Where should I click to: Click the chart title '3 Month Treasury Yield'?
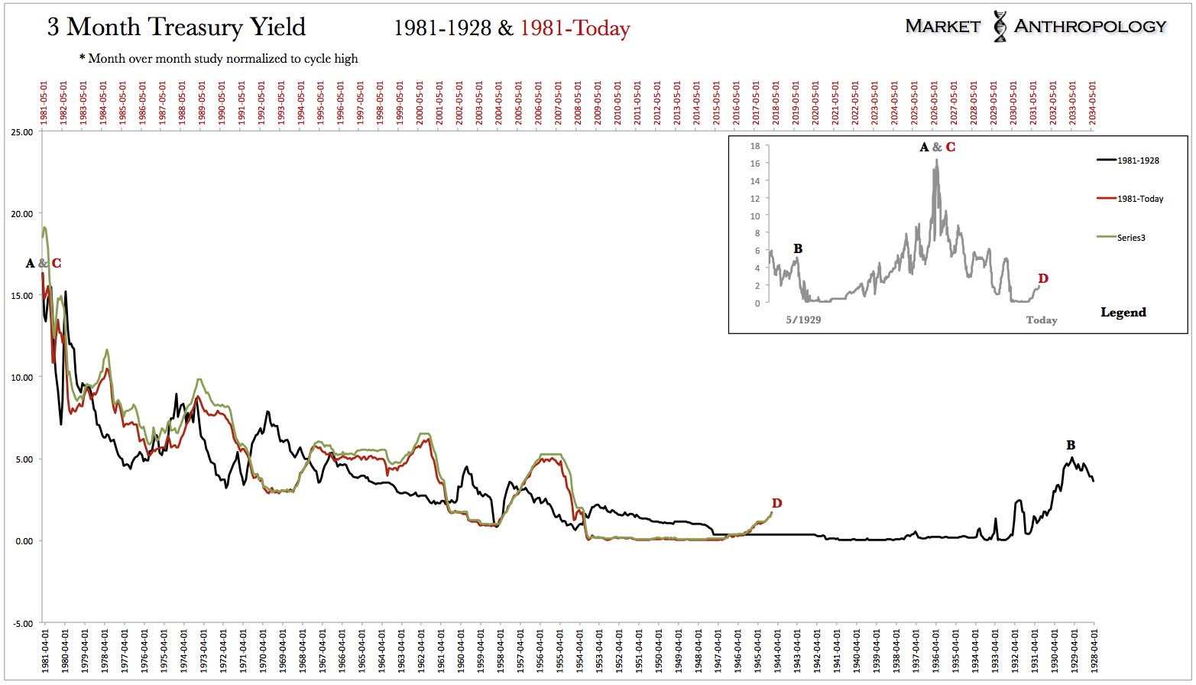(176, 28)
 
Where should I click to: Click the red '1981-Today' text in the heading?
(575, 29)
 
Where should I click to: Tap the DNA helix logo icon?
(1000, 26)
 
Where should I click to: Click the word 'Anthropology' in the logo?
(1090, 26)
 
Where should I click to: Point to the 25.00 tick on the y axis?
(22, 132)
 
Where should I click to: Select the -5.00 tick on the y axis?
(22, 623)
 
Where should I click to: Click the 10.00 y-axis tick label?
(22, 378)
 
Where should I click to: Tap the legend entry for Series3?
(1130, 238)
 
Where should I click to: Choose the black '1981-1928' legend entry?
(1137, 161)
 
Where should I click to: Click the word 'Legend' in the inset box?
(1123, 312)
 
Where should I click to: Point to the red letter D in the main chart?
(776, 503)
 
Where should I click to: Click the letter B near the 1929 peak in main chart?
(1071, 446)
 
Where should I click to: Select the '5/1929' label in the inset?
(803, 320)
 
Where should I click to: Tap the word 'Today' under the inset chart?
(1041, 320)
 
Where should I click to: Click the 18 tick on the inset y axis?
(755, 146)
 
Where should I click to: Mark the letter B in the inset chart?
(798, 248)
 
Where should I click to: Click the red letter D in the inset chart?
(1043, 279)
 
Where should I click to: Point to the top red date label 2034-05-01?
(1093, 102)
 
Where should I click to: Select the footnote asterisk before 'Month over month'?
(83, 58)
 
